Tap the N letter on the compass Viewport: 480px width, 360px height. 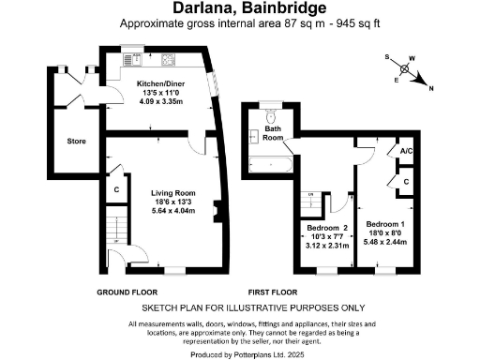coord(430,89)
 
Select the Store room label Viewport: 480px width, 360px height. coord(76,142)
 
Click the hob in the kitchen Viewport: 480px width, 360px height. coord(170,64)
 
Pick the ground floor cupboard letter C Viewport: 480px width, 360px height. coord(115,189)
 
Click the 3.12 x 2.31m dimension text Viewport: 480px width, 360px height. coord(325,246)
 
